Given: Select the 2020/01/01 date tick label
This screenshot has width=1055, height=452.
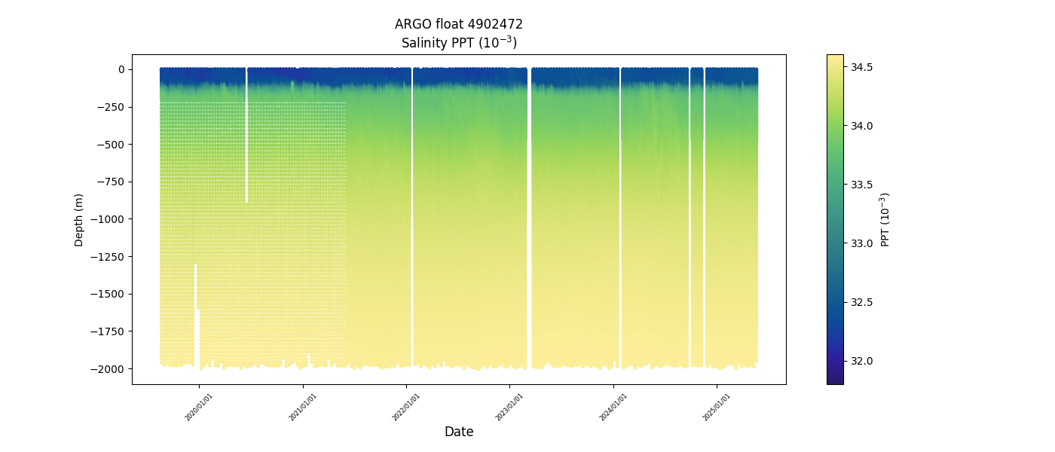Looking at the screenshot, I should point(199,407).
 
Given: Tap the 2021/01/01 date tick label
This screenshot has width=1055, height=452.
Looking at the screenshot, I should point(303,407).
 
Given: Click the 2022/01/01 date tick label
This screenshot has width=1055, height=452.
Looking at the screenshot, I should point(406,407).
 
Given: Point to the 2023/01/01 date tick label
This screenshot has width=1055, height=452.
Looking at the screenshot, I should point(509,407).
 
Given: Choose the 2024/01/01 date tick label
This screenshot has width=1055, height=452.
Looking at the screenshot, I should point(613,407).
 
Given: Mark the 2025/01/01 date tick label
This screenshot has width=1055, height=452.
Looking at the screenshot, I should point(717,407).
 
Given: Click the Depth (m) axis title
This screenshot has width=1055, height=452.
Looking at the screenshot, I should point(79,219).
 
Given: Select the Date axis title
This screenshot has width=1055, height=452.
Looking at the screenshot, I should point(459,432).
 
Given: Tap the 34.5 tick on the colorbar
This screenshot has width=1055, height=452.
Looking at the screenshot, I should point(861,67).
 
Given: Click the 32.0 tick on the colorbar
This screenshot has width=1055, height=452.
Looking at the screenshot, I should point(861,361).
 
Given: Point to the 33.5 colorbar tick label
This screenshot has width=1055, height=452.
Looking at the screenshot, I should point(861,185).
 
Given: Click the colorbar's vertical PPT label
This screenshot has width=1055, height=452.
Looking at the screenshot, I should point(885,219).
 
